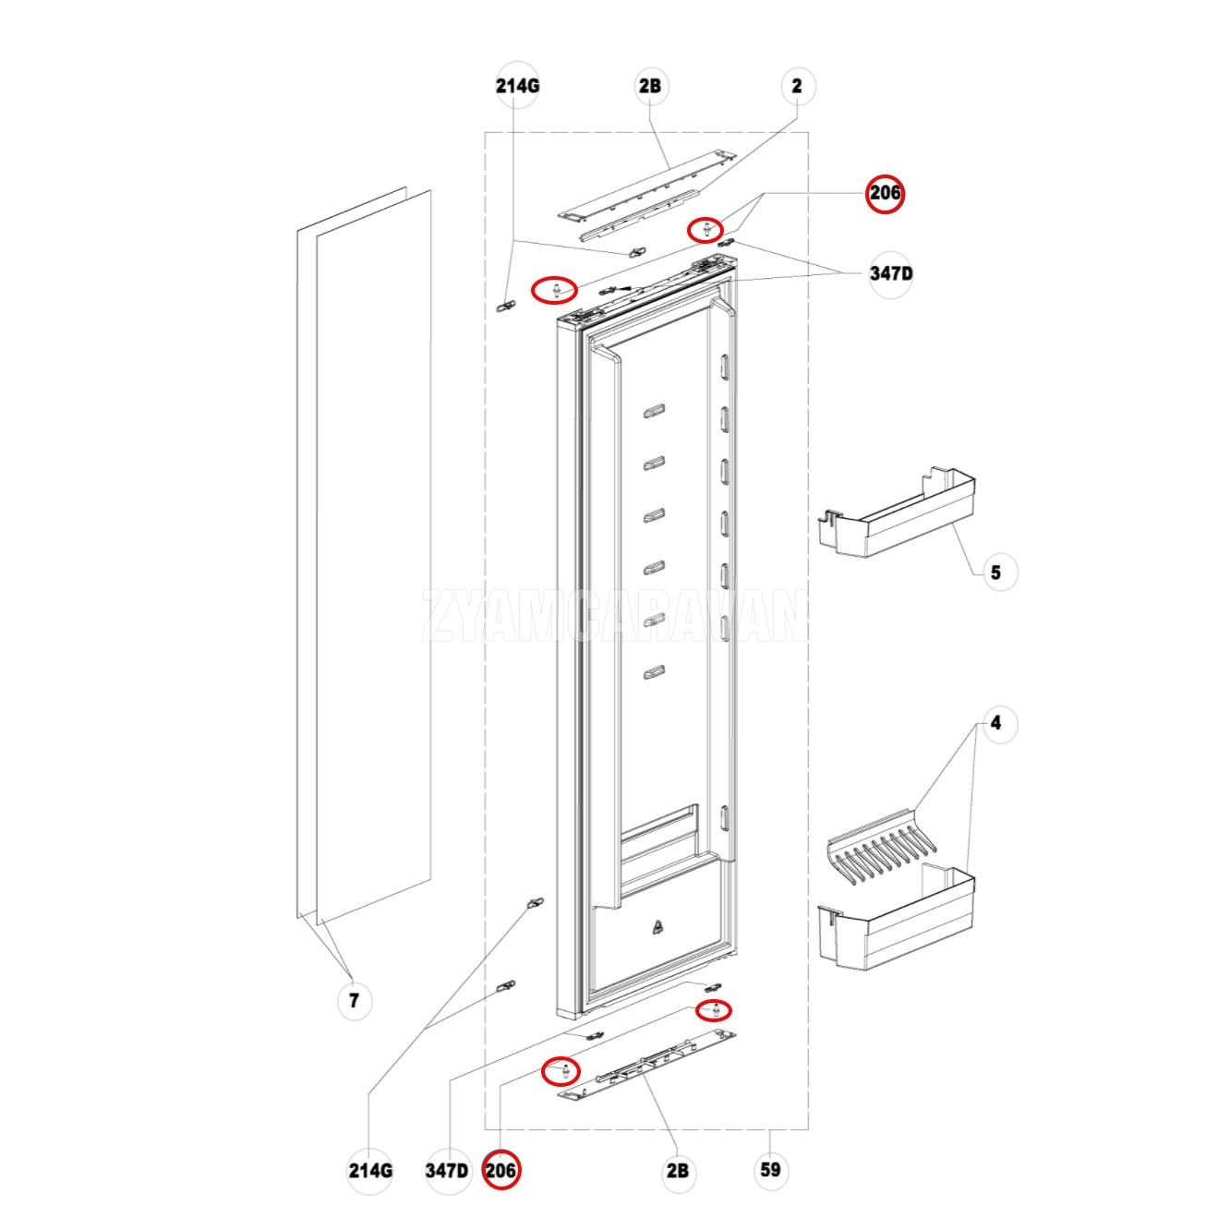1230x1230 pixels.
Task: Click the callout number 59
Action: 770,1170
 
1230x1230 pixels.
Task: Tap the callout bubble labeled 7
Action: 354,999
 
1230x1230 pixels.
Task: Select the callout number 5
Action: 995,573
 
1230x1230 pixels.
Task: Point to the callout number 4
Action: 995,724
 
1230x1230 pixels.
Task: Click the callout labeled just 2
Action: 797,87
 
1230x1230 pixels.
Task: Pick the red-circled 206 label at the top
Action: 885,194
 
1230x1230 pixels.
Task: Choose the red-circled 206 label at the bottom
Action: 500,1170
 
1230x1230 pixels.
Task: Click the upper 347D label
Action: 891,274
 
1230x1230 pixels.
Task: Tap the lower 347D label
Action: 447,1171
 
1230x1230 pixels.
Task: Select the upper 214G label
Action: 517,87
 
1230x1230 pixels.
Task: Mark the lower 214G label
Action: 369,1171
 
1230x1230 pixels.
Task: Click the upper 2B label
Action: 649,87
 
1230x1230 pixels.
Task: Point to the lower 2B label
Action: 677,1171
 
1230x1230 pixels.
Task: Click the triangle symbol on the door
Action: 657,928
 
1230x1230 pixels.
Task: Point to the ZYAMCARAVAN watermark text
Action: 614,616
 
